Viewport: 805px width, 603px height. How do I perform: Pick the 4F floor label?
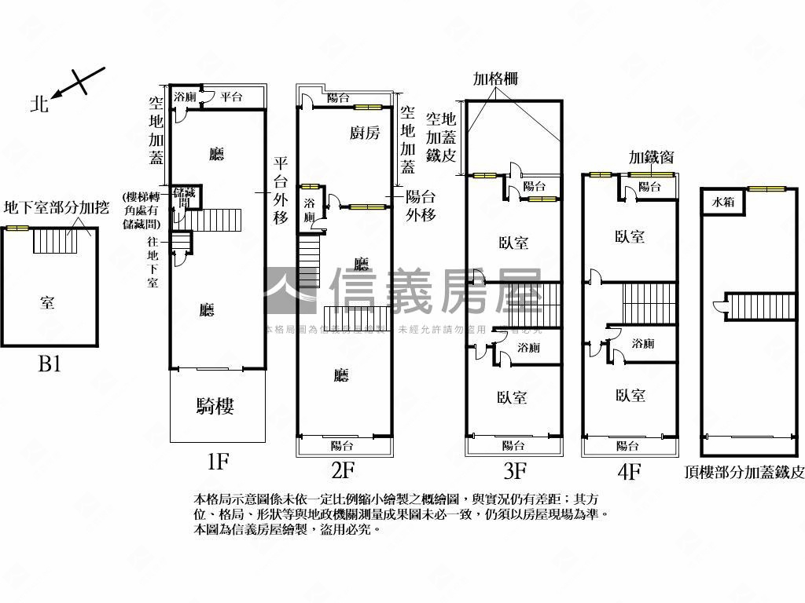[630, 471]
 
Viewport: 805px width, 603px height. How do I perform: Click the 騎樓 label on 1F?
[215, 406]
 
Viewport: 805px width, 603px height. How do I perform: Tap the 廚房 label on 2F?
[365, 133]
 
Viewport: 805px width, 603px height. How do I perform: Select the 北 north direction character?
[39, 103]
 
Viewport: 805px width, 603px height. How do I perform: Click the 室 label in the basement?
[48, 302]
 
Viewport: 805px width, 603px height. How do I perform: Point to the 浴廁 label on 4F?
[642, 343]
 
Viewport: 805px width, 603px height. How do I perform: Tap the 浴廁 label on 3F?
[528, 347]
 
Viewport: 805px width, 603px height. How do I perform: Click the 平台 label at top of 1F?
[231, 97]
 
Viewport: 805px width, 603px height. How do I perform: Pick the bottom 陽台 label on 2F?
[341, 446]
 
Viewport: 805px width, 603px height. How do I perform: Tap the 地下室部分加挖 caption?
[57, 208]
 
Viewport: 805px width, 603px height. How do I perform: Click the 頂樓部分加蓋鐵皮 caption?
[744, 472]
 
